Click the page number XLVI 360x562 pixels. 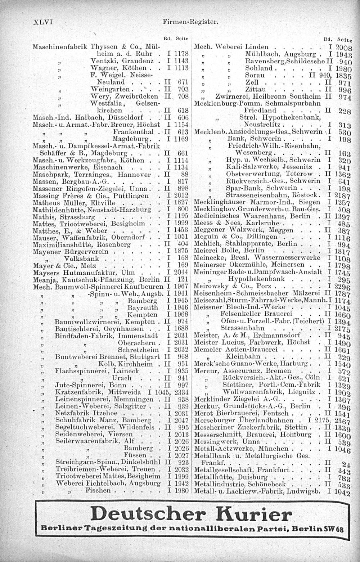click(43, 22)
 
